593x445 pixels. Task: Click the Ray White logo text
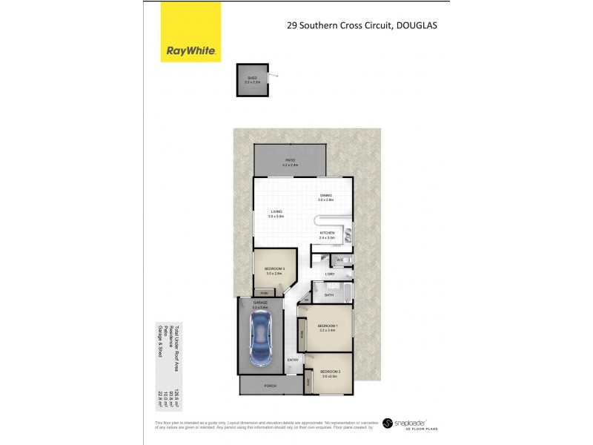[x=191, y=51]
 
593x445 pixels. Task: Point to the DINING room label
[x=326, y=196]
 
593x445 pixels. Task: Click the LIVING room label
[x=276, y=211]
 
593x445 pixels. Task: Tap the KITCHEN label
[x=327, y=233]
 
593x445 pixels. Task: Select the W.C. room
[x=339, y=260]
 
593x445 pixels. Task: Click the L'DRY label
[x=331, y=275]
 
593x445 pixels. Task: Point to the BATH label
[x=328, y=294]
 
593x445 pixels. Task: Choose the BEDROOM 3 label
[x=274, y=268]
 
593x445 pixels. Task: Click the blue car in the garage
[x=260, y=337]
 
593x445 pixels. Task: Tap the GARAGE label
[x=259, y=303]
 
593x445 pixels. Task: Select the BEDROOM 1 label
[x=328, y=326]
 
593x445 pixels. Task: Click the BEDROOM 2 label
[x=330, y=372]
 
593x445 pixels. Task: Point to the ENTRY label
[x=294, y=360]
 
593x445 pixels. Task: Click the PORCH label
[x=271, y=386]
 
